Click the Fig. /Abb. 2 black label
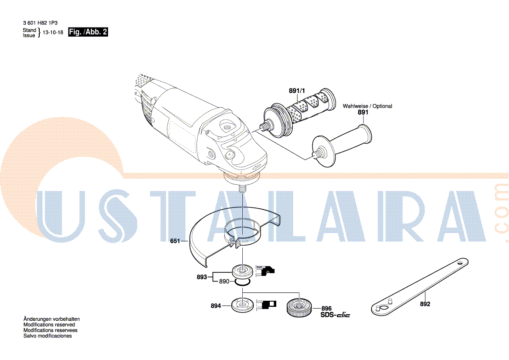[x=88, y=32]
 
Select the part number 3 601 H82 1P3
[x=40, y=23]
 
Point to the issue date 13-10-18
[x=53, y=32]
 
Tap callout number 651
[x=175, y=241]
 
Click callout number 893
[x=202, y=277]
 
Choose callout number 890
[x=224, y=282]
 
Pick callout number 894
[x=216, y=306]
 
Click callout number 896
[x=326, y=309]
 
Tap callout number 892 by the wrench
[x=425, y=304]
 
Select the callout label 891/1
[x=297, y=91]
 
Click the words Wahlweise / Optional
[x=367, y=106]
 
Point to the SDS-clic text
[x=335, y=315]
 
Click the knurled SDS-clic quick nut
[x=299, y=307]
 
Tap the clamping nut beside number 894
[x=243, y=305]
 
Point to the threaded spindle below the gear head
[x=243, y=189]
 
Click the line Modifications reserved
[x=49, y=325]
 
